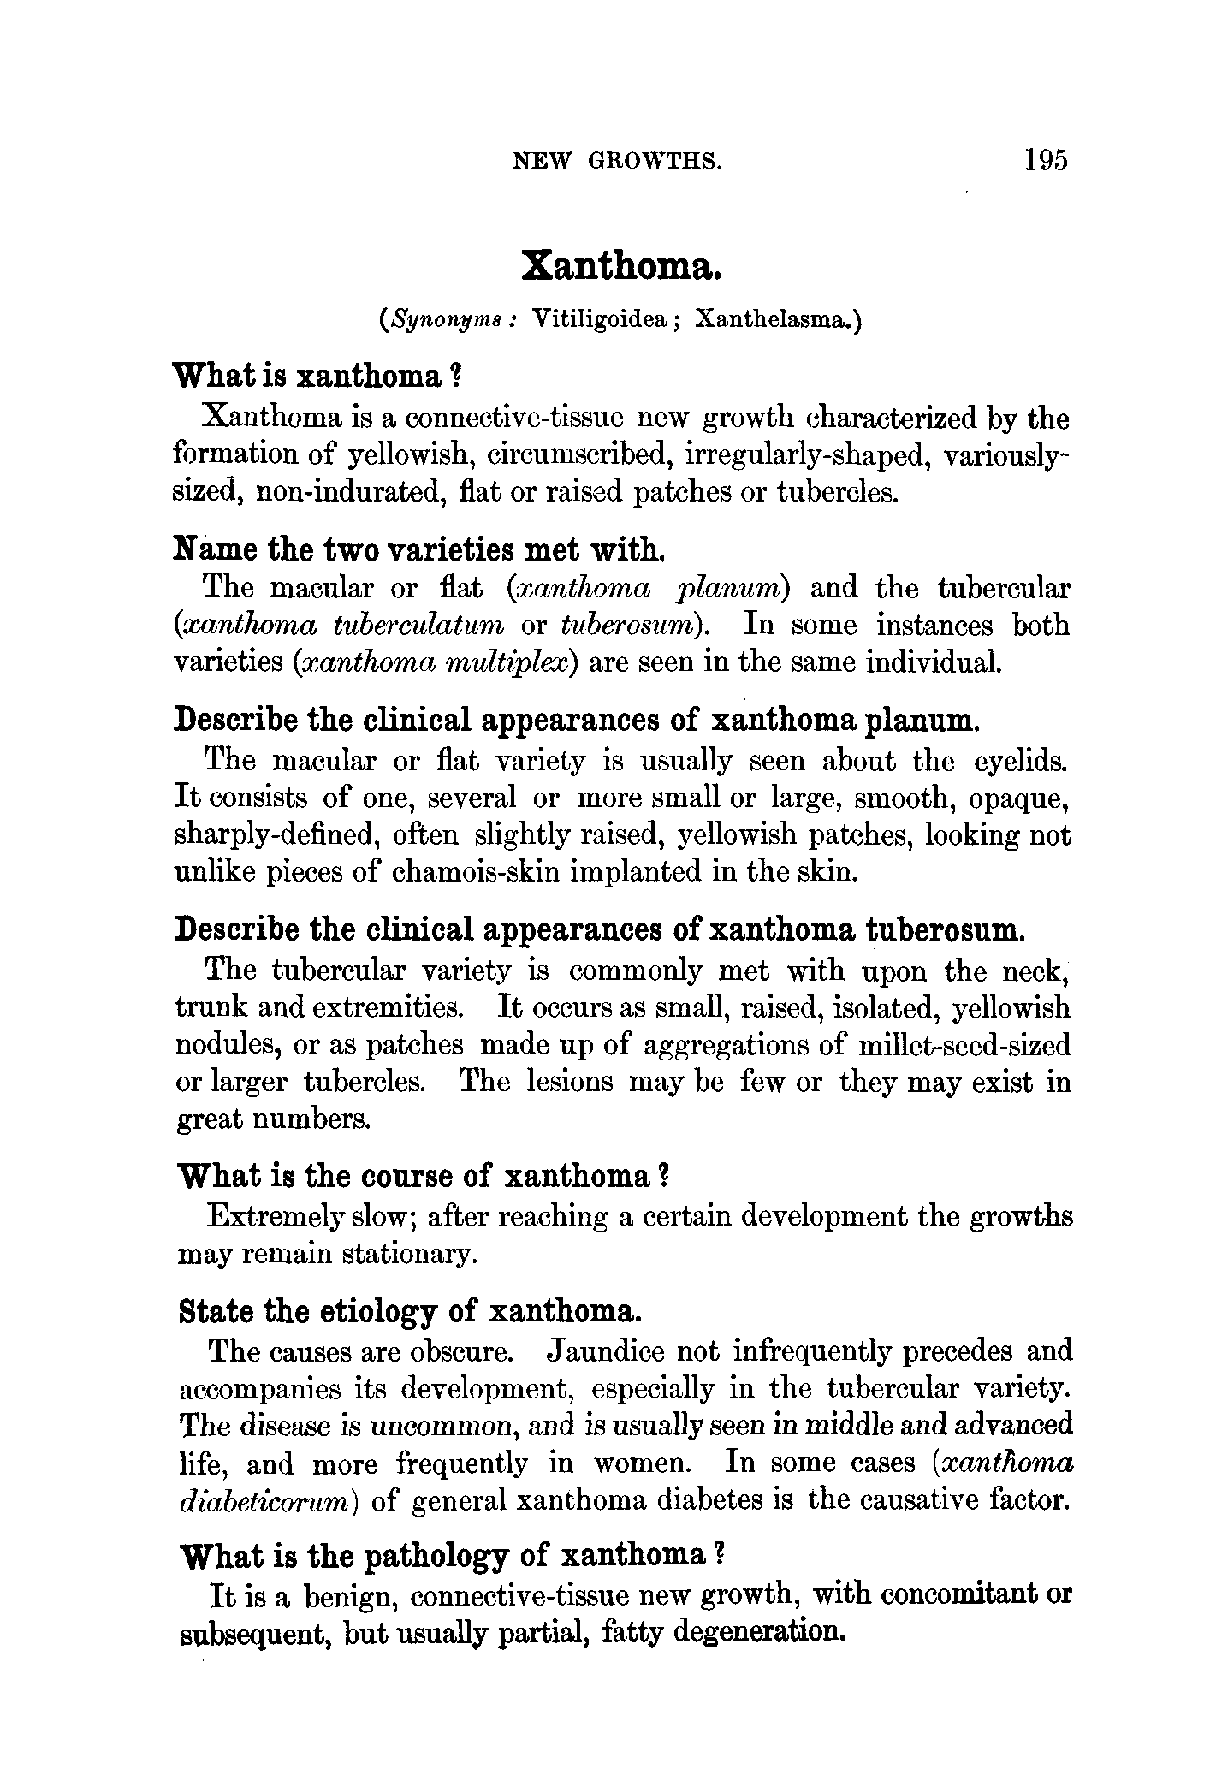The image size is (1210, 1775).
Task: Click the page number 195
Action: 1045,161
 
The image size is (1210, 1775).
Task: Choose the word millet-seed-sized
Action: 968,1046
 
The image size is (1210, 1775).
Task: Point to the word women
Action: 643,1464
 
